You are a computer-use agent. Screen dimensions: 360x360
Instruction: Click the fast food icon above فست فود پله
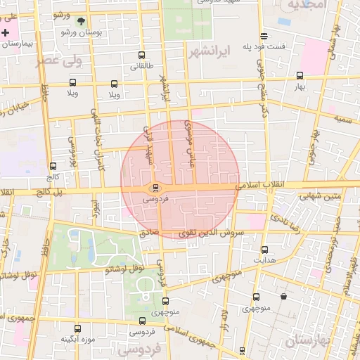[264, 36]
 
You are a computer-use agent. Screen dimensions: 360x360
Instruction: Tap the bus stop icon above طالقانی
[141, 55]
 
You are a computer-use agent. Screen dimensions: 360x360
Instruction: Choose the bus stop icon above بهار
[300, 75]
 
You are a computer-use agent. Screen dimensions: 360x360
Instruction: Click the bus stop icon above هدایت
[264, 250]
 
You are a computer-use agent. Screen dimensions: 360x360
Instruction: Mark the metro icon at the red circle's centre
[155, 188]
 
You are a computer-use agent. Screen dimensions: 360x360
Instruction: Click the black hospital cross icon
[6, 33]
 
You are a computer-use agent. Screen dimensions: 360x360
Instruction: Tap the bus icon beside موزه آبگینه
[77, 328]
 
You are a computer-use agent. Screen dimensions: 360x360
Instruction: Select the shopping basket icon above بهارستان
[283, 297]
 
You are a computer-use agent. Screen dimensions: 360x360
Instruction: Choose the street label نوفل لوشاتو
[125, 269]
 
